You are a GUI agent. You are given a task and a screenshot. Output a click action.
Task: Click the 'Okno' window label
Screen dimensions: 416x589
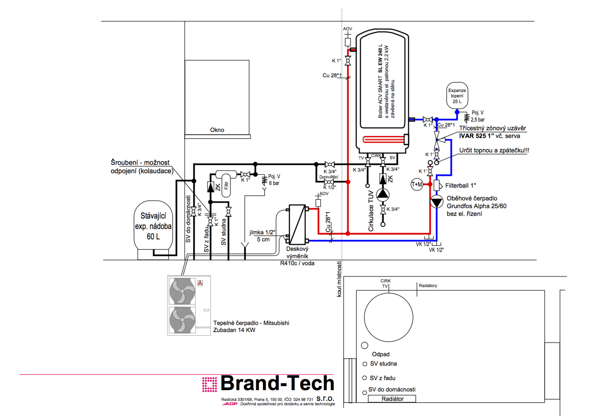(x=217, y=130)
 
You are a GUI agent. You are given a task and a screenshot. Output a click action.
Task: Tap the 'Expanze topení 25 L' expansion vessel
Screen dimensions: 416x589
(x=457, y=96)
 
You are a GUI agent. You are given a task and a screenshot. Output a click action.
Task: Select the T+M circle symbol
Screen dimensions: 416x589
(x=417, y=185)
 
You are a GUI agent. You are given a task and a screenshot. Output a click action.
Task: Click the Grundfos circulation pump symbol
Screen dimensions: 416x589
(x=436, y=201)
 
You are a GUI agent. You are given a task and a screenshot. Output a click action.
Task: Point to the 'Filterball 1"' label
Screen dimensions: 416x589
(x=460, y=186)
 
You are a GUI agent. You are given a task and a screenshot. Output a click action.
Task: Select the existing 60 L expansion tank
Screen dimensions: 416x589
(x=153, y=226)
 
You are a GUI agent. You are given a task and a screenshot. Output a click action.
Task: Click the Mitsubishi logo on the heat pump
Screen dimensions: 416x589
(x=200, y=283)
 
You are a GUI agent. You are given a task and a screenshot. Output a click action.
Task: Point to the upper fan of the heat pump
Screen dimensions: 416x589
(x=182, y=291)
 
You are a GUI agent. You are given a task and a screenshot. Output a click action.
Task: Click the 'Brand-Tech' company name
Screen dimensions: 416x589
(x=277, y=383)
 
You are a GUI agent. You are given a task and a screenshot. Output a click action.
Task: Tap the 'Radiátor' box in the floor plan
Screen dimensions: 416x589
(x=392, y=399)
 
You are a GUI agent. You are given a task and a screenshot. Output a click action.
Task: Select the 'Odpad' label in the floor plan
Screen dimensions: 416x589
(x=380, y=354)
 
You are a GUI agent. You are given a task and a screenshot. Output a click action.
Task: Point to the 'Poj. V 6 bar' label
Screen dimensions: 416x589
(x=274, y=180)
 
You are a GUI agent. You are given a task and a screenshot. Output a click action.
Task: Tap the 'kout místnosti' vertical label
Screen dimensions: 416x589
(x=339, y=279)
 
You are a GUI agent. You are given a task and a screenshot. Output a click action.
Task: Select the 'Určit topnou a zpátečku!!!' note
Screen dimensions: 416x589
(x=494, y=151)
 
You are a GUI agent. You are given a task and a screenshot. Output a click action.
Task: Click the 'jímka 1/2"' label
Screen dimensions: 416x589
(x=262, y=232)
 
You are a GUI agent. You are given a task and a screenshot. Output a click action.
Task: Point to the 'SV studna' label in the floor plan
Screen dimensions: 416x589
(x=383, y=364)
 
